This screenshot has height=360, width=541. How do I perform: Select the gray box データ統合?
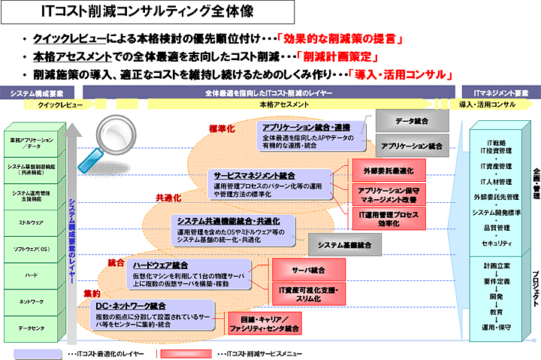tap(411, 119)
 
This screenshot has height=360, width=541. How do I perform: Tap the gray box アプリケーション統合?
tap(411, 145)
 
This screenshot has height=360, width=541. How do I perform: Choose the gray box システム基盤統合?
tap(344, 244)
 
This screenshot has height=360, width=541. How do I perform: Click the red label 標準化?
tap(222, 129)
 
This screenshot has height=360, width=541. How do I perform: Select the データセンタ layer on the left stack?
tap(32, 328)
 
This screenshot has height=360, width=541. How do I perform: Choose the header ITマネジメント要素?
tap(500, 93)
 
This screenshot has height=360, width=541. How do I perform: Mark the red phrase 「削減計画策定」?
tap(337, 56)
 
